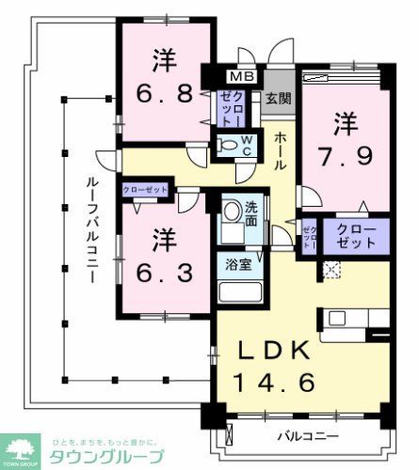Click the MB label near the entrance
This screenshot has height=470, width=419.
[x=243, y=77]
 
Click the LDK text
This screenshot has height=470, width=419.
[x=272, y=350]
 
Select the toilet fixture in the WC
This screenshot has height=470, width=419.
[x=230, y=146]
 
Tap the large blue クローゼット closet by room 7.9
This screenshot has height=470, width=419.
[x=354, y=235]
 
